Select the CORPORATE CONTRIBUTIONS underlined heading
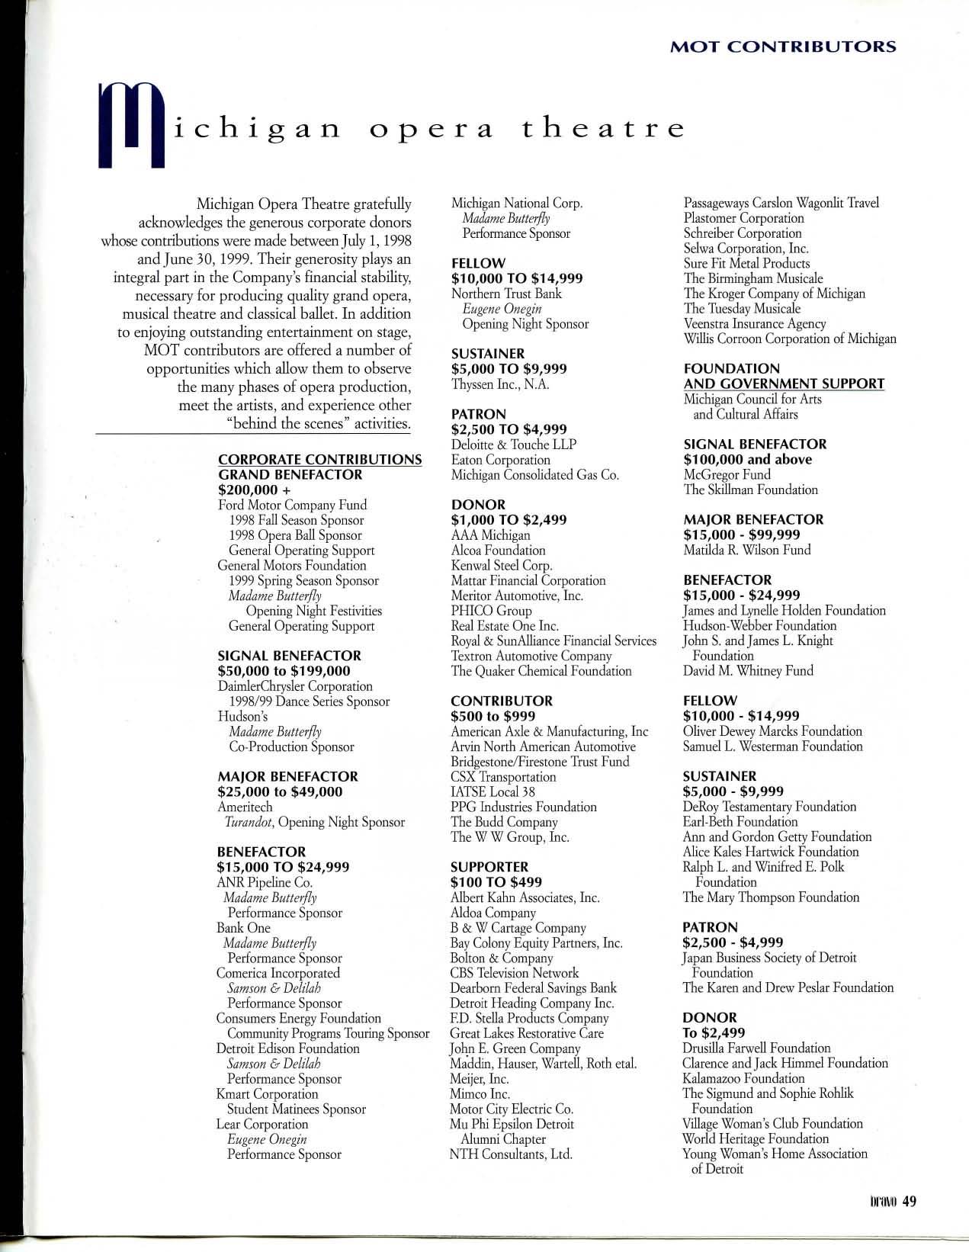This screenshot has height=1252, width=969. (319, 459)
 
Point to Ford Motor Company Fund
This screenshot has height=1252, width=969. (292, 505)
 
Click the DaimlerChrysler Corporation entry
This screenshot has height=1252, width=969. (295, 686)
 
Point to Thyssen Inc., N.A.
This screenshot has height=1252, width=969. (500, 384)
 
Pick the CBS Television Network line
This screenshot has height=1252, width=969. (515, 973)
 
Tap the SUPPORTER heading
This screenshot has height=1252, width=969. (488, 867)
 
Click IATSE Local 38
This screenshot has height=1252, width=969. (493, 791)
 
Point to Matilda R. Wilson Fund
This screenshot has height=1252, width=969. (746, 550)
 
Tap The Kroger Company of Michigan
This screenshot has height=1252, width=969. (774, 294)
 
